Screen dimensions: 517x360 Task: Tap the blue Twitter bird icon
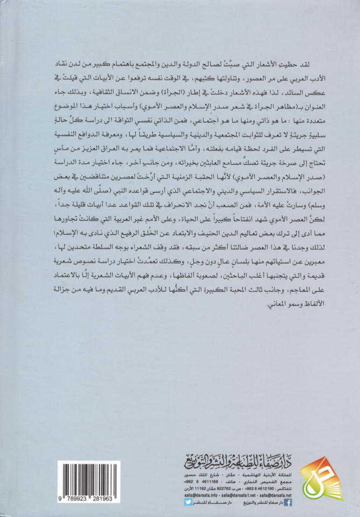[x=189, y=502]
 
